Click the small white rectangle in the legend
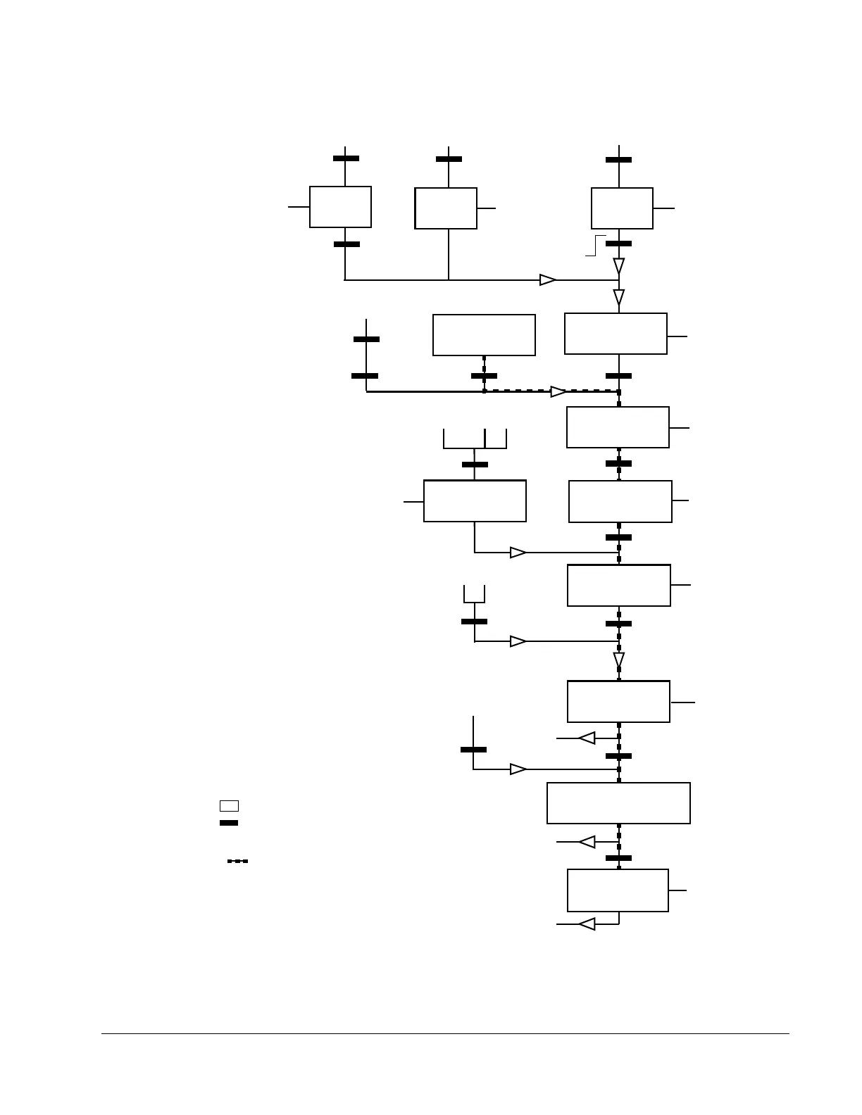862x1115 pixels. coord(229,806)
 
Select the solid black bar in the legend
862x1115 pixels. coord(229,823)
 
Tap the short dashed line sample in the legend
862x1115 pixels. coord(237,861)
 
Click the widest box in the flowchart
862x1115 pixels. coord(618,803)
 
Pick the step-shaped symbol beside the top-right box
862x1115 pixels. coord(596,245)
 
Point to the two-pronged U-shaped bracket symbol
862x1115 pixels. coord(474,595)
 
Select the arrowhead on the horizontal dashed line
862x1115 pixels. coord(558,391)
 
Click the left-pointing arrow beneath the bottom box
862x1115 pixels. coord(587,924)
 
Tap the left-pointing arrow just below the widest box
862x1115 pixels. coord(587,842)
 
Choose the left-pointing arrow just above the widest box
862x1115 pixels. coord(587,738)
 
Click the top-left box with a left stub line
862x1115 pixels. coord(340,207)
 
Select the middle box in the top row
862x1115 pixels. coord(446,208)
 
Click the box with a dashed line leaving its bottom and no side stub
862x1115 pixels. coord(484,335)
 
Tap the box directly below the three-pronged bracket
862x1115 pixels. coord(475,501)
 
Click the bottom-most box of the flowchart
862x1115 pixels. coord(618,890)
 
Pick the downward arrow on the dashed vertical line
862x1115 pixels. coord(619,660)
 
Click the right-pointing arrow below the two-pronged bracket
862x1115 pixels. coord(518,641)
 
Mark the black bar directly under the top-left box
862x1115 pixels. coord(346,244)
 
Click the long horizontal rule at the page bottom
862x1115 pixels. coord(445,1034)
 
